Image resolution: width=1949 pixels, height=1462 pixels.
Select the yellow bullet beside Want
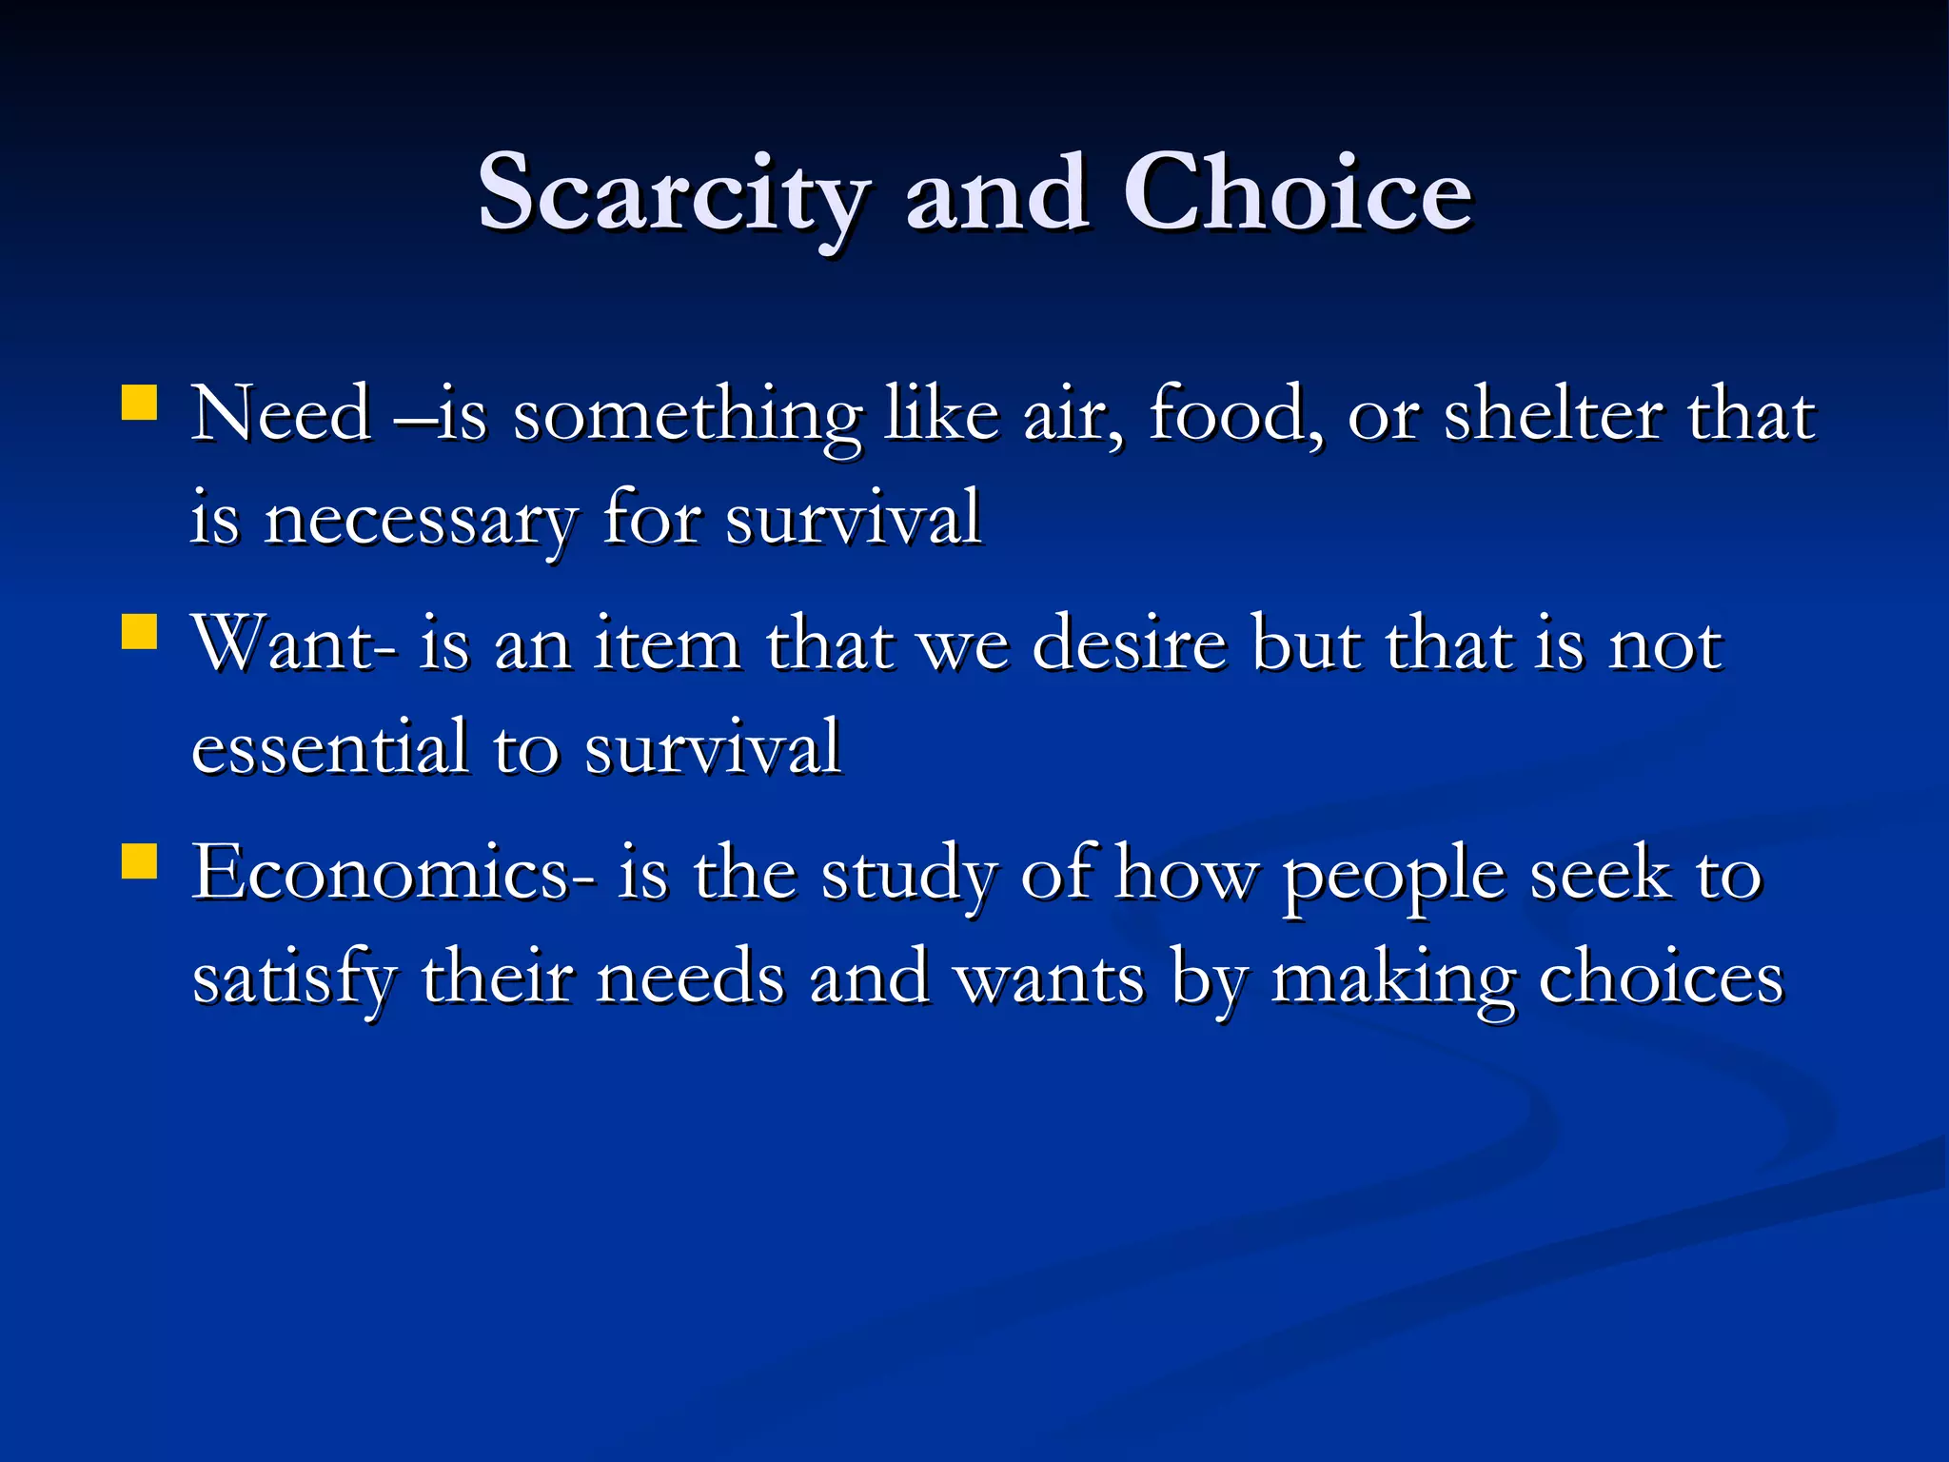(x=140, y=631)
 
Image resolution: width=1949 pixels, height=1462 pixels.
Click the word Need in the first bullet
(x=281, y=415)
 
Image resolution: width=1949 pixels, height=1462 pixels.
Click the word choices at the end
(x=1661, y=978)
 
